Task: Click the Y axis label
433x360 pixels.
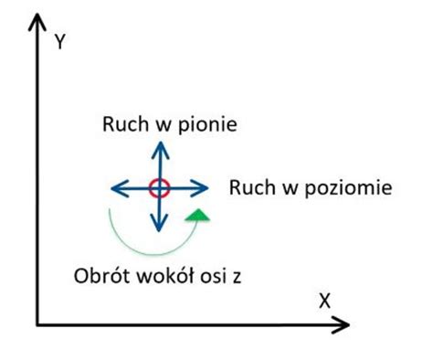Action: click(60, 42)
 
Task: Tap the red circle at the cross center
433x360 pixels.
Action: click(159, 189)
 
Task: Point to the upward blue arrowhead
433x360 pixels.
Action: click(159, 150)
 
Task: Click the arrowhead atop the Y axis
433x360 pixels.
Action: click(37, 22)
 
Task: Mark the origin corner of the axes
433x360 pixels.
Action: click(37, 323)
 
